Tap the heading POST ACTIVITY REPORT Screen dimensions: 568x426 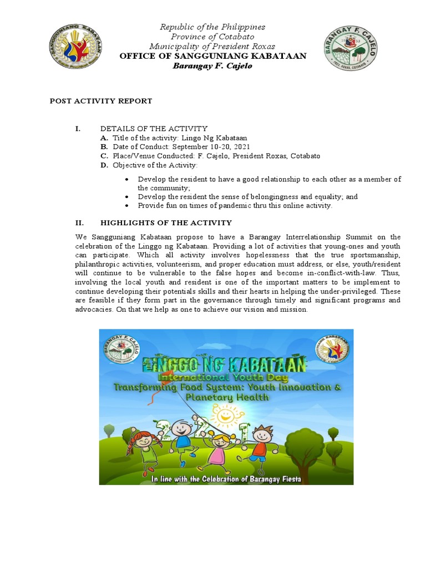pyautogui.click(x=101, y=101)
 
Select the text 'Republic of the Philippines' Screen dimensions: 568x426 pyautogui.click(x=213, y=27)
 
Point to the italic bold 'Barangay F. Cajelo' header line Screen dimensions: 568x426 pyautogui.click(x=213, y=65)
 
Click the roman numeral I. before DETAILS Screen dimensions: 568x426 pyautogui.click(x=78, y=129)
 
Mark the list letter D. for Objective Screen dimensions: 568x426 pyautogui.click(x=104, y=165)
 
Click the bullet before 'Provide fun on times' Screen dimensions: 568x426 pyautogui.click(x=127, y=206)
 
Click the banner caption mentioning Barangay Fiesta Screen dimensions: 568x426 pyautogui.click(x=226, y=477)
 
